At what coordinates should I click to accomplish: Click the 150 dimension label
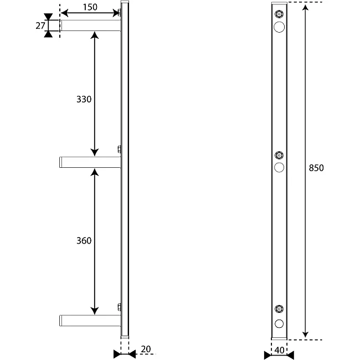[x=90, y=7]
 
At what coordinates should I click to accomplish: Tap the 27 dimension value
[x=40, y=25]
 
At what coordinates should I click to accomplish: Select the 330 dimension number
[x=84, y=99]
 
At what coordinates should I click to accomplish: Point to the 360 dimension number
[x=84, y=240]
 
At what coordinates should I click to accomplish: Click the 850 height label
[x=316, y=168]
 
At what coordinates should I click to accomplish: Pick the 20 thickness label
[x=146, y=349]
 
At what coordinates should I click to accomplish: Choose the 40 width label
[x=279, y=351]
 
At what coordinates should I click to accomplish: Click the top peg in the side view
[x=90, y=25]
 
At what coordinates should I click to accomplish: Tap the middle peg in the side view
[x=90, y=162]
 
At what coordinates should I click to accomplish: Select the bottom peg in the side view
[x=90, y=321]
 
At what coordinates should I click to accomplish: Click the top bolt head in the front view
[x=279, y=14]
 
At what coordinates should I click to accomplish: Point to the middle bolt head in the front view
[x=279, y=156]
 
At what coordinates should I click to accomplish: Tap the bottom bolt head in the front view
[x=279, y=309]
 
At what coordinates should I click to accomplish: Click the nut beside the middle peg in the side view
[x=120, y=149]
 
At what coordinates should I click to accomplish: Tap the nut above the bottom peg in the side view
[x=120, y=307]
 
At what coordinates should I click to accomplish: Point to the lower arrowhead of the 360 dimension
[x=95, y=311]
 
